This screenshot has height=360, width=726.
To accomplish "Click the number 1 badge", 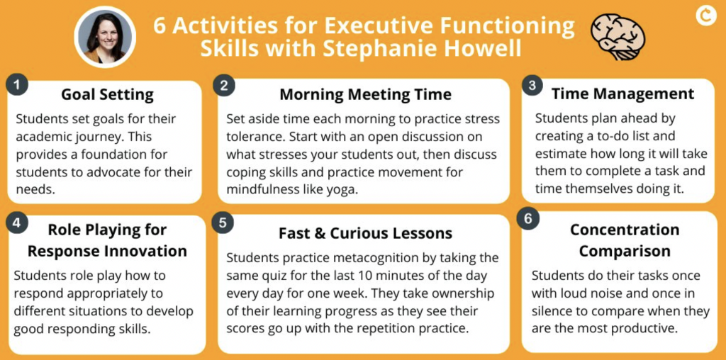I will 17,86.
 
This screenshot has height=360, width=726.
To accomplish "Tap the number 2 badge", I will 224,86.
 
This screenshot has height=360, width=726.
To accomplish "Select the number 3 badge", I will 531,86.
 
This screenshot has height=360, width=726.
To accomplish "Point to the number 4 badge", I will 17,223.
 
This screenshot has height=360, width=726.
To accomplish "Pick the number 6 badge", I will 528,219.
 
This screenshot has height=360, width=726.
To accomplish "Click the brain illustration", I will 618,35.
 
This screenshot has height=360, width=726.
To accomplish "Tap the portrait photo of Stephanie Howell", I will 104,37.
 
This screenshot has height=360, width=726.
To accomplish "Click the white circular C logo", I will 705,13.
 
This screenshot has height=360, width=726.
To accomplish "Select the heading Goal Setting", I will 106,94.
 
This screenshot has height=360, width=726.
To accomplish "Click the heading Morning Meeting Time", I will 365,94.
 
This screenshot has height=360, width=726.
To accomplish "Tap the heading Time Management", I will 622,94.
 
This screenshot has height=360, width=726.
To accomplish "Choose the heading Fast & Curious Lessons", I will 365,232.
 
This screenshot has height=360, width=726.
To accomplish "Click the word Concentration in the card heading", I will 625,230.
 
